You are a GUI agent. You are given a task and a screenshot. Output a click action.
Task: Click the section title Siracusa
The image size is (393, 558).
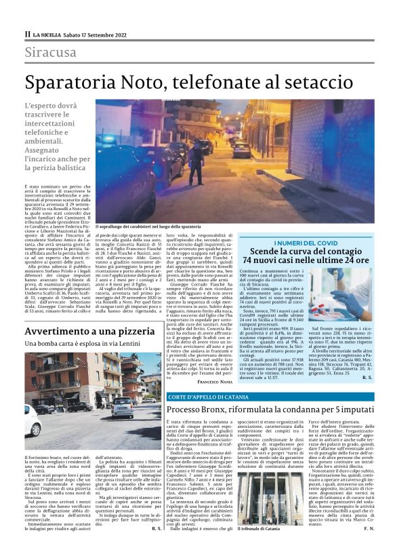tap(51, 52)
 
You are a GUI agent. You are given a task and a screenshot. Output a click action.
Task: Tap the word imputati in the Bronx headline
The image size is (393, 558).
tap(347, 410)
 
